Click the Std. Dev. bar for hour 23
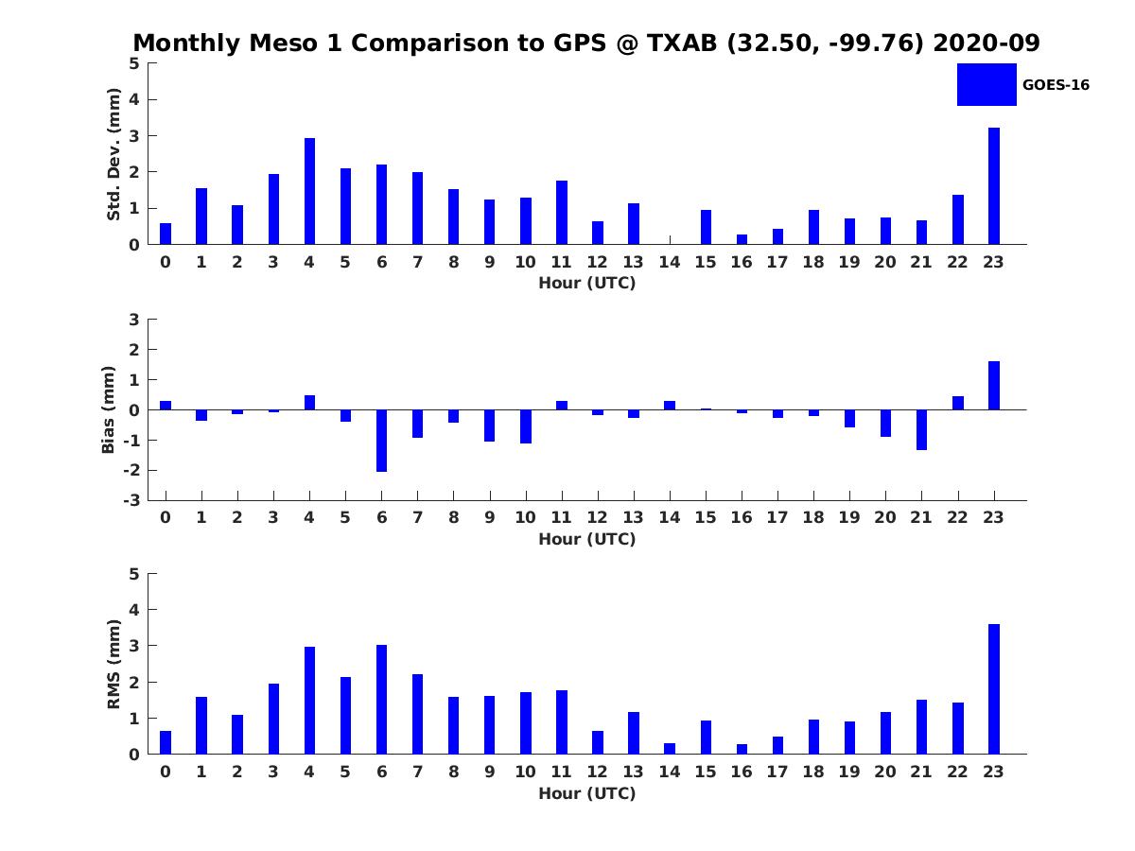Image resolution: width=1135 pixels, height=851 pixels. point(993,186)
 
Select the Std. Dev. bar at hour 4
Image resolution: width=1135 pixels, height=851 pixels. point(309,191)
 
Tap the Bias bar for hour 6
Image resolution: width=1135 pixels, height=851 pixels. point(381,441)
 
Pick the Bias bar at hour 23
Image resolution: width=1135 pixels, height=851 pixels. point(993,386)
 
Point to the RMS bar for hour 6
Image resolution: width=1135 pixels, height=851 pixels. point(381,700)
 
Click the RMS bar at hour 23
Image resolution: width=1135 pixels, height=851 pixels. point(993,689)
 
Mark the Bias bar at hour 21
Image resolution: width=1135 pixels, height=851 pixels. point(921,429)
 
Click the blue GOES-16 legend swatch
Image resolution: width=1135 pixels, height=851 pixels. point(986,85)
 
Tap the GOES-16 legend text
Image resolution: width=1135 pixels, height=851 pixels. point(1056,85)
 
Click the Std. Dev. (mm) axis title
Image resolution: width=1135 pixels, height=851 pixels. point(113,154)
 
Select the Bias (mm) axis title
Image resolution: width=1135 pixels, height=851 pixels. point(109,409)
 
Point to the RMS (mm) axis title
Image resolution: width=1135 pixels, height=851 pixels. point(113,664)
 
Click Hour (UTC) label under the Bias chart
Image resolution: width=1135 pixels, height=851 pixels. point(586,539)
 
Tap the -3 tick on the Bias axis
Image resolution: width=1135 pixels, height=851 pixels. point(133,500)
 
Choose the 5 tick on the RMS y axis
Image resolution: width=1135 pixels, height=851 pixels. point(134,574)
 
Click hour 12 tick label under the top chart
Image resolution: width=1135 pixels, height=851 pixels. point(597,263)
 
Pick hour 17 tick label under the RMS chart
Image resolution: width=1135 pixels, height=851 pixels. point(777,773)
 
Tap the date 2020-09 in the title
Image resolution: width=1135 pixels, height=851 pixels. point(986,43)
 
